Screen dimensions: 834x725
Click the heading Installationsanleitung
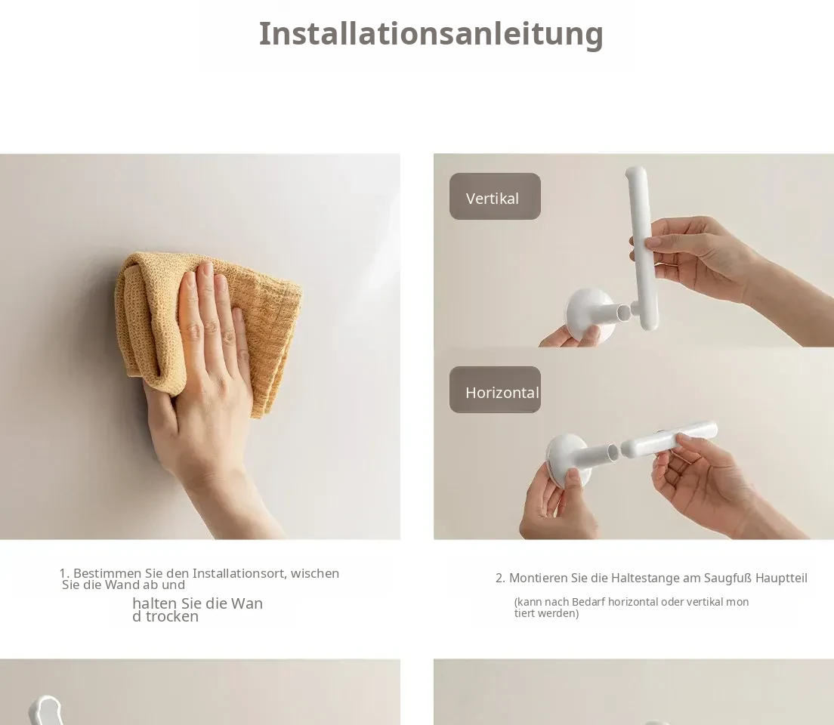(x=431, y=34)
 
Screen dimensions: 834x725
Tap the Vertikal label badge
(x=495, y=196)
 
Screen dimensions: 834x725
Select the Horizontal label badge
(x=495, y=390)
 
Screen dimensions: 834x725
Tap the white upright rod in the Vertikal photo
(x=641, y=248)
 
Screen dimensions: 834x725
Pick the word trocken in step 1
(x=172, y=616)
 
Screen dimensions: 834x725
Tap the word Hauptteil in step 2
(x=781, y=578)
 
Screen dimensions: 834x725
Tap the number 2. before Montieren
(x=501, y=578)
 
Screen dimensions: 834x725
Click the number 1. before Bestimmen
(x=64, y=573)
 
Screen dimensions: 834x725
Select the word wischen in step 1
(x=315, y=573)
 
